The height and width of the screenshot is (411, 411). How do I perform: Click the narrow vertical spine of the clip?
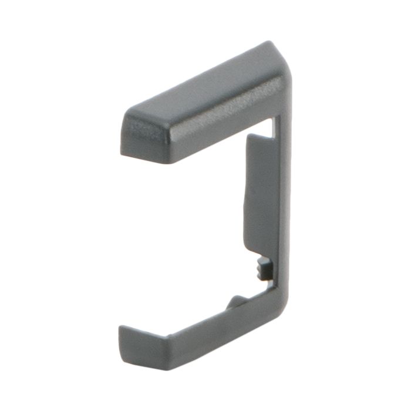tap(284, 206)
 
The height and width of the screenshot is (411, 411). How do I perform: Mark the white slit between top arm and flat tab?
tap(276, 126)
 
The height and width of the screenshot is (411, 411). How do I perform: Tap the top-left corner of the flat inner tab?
tap(248, 136)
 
